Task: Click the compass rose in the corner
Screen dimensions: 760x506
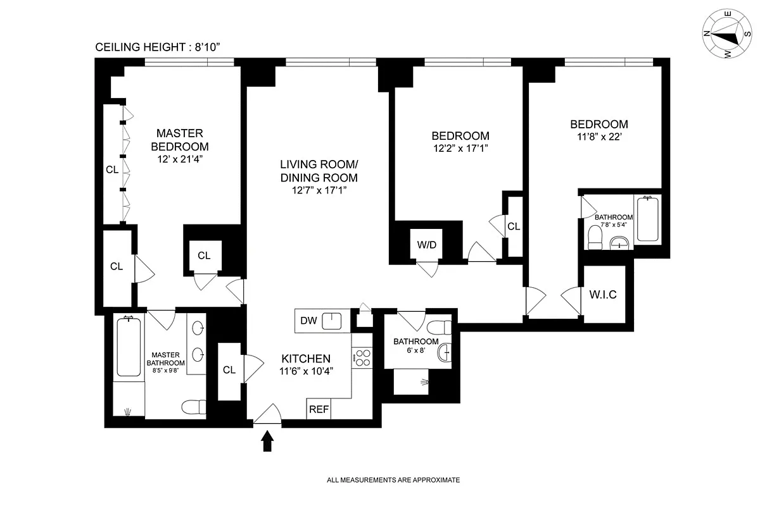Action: click(x=727, y=34)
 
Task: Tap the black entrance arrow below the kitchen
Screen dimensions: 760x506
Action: click(x=267, y=441)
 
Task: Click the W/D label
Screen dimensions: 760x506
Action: click(x=426, y=245)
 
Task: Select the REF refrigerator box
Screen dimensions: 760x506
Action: click(x=319, y=409)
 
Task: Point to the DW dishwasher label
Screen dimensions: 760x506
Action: click(x=309, y=320)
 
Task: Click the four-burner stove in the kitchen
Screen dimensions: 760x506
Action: click(x=362, y=358)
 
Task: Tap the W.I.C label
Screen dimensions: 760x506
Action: click(x=603, y=295)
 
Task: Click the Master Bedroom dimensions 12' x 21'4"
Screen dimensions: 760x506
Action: click(x=180, y=159)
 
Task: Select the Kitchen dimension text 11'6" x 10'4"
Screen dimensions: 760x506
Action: click(x=306, y=371)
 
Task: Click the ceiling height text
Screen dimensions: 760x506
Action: click(x=158, y=47)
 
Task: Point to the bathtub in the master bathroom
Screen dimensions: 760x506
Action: click(x=129, y=346)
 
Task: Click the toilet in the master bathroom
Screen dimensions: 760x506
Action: click(x=194, y=407)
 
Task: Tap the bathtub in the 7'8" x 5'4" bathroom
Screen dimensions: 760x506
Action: click(x=648, y=219)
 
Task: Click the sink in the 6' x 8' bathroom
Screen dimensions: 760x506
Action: click(x=445, y=352)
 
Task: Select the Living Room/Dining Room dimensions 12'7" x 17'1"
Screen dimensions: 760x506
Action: click(x=319, y=190)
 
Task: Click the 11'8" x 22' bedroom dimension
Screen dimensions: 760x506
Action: click(x=599, y=137)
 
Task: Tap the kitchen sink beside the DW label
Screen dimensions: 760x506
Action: click(x=331, y=321)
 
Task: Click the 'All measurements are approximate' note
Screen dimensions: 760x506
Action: click(x=393, y=480)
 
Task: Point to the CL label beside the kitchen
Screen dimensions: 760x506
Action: click(x=229, y=370)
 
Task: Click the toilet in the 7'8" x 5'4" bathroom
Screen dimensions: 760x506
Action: click(x=595, y=237)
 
